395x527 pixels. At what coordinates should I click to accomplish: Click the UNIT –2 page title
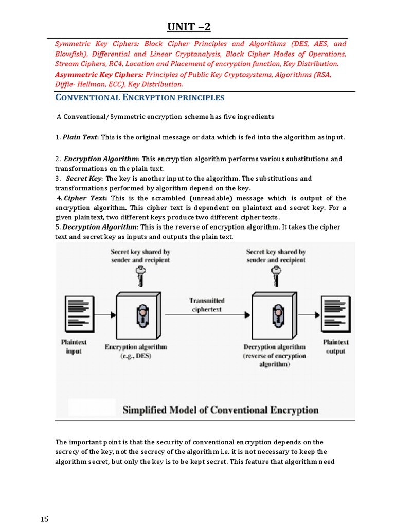tap(189, 27)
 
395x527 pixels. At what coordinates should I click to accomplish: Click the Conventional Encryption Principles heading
tap(140, 98)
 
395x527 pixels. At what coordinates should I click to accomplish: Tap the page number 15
tap(44, 519)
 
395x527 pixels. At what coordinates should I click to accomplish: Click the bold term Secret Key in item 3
tap(84, 179)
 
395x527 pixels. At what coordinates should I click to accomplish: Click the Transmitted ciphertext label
tap(207, 305)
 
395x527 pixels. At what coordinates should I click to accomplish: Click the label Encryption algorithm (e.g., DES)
tap(136, 351)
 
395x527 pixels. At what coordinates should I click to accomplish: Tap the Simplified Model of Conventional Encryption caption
tap(220, 410)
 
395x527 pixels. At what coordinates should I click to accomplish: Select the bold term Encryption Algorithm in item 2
tap(100, 159)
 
